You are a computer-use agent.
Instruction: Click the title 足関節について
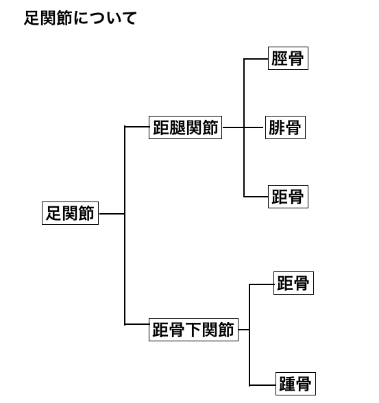pos(80,19)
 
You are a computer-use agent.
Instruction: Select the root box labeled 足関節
pos(70,213)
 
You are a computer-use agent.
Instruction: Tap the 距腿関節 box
pos(185,127)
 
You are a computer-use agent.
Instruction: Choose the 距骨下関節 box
pos(193,330)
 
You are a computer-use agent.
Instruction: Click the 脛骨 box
pos(288,58)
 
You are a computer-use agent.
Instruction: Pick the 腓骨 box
pos(285,127)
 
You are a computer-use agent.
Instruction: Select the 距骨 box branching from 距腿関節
pos(288,197)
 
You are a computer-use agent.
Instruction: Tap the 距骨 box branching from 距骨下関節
pos(293,283)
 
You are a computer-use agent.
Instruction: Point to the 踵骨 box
pos(295,384)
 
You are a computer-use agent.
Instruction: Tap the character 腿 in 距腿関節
pos(178,127)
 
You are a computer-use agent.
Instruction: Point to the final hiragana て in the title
pos(128,19)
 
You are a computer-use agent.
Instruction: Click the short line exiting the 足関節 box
pos(112,214)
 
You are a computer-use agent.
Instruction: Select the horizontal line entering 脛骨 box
pos(256,59)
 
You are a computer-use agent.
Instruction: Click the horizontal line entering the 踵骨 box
pos(262,385)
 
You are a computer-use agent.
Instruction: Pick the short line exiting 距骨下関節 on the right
pos(244,330)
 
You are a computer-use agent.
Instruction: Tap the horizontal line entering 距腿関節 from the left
pos(136,126)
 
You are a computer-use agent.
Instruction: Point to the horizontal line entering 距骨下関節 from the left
pos(136,324)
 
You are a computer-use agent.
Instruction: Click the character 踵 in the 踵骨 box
pos(287,384)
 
